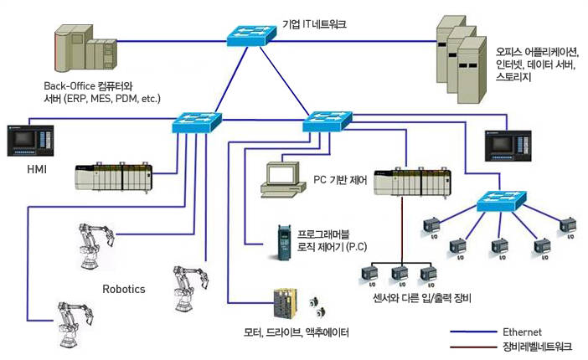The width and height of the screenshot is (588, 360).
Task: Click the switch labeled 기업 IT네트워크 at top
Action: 250,33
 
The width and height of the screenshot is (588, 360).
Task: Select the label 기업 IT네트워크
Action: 316,24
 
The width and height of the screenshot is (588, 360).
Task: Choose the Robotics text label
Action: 124,289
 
